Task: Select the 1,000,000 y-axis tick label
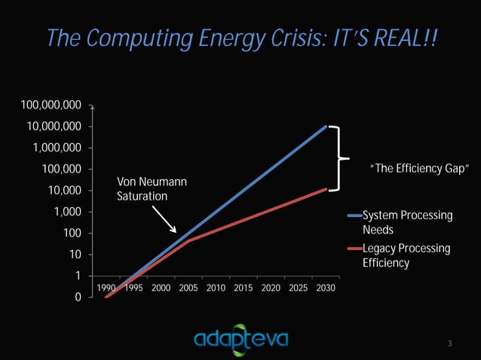coord(57,147)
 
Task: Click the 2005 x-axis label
coord(188,288)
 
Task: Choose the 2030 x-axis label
coord(326,288)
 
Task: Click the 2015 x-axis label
coord(243,288)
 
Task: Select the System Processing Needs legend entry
coord(406,222)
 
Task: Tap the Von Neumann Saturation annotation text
coord(152,188)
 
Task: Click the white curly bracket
coord(340,158)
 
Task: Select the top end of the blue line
coord(326,127)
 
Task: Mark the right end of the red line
coord(326,189)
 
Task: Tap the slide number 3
coord(449,344)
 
